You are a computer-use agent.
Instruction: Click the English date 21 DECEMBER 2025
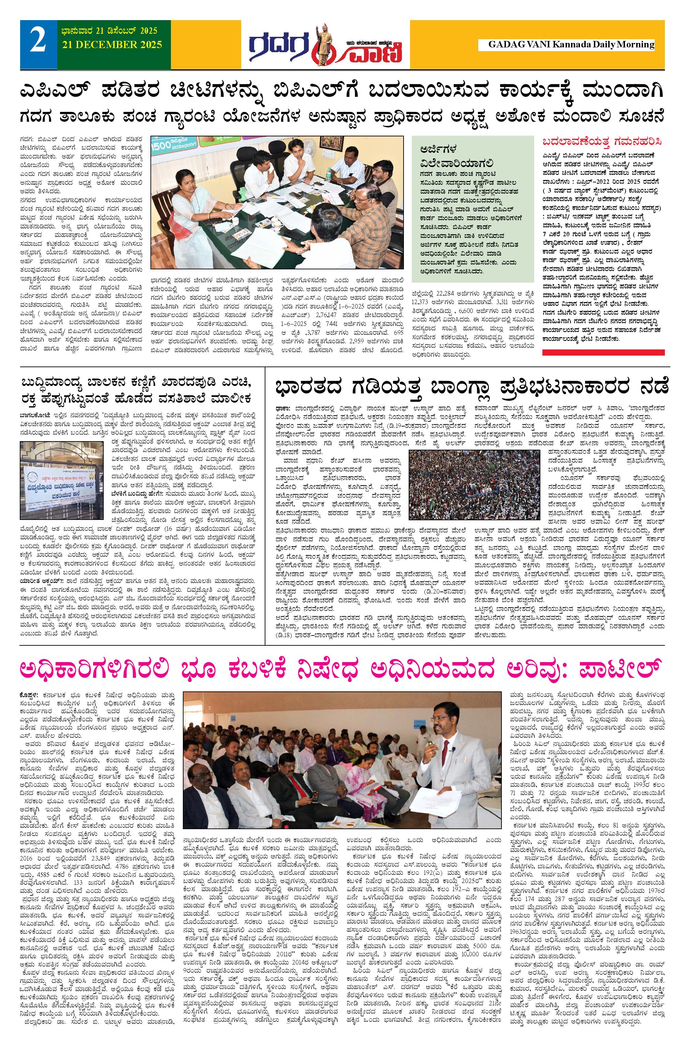tap(112, 45)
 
